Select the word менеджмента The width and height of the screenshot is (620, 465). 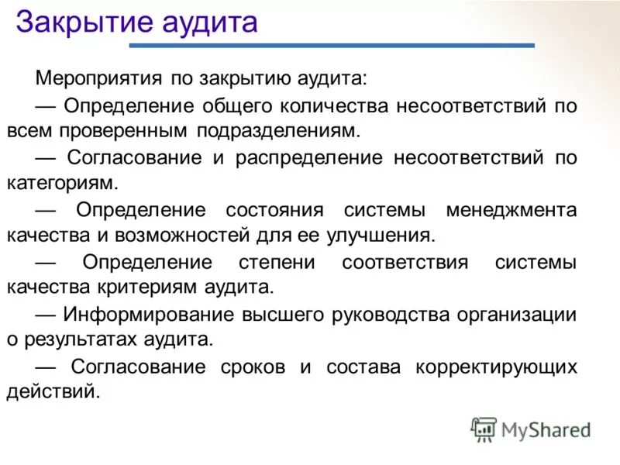[x=511, y=210]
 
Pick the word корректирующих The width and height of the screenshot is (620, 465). [x=497, y=367]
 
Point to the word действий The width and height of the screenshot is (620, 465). [x=53, y=392]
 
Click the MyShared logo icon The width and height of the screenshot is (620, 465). [x=484, y=429]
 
